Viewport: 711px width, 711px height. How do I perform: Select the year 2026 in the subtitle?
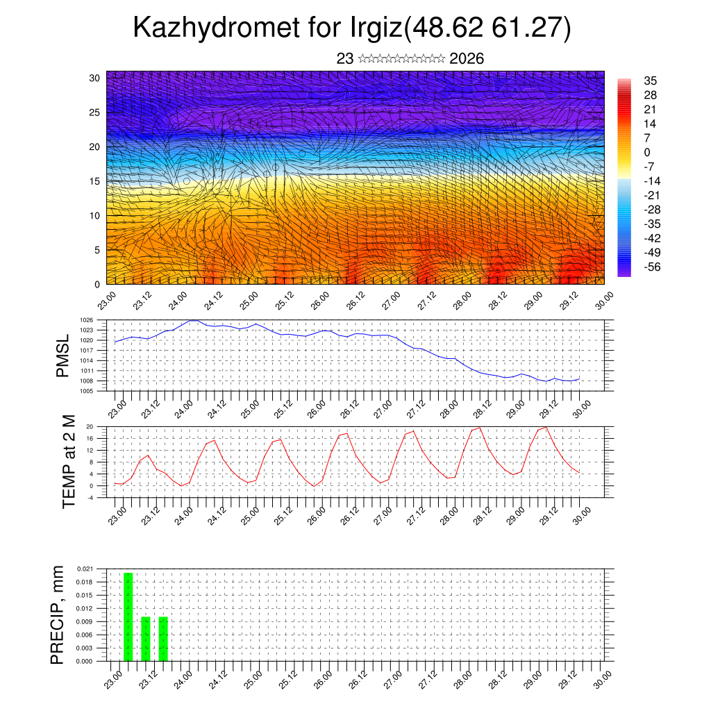467,59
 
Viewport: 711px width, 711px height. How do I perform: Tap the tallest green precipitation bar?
128,617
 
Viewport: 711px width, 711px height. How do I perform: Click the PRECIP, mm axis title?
58,615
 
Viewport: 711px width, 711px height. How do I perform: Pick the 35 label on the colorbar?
651,81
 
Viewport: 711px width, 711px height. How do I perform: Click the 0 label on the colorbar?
647,153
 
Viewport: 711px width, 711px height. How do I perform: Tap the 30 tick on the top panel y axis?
94,78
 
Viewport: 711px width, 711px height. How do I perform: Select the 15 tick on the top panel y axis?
94,181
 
